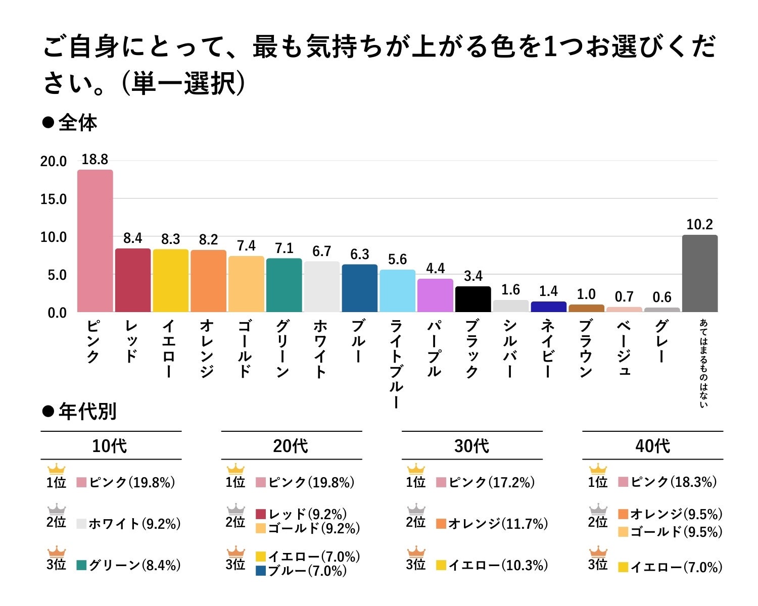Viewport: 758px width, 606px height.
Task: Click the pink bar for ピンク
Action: tap(95, 241)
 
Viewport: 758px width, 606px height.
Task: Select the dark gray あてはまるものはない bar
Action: tap(699, 273)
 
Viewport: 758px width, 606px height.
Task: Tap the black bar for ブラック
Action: tap(472, 299)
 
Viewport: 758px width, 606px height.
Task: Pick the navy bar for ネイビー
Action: tap(548, 307)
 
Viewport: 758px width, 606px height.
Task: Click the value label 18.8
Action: tap(95, 160)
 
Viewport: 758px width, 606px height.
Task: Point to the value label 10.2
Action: tap(699, 225)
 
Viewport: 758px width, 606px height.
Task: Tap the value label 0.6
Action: tap(662, 297)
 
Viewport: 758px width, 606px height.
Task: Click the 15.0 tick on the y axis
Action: tap(54, 199)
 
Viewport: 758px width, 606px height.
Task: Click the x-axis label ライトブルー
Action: tap(397, 364)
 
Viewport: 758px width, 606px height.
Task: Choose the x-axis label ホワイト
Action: tap(321, 348)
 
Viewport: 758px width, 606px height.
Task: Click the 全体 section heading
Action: tap(77, 123)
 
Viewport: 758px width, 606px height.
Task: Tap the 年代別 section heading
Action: tap(87, 412)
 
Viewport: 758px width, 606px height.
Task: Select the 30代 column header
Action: tap(471, 446)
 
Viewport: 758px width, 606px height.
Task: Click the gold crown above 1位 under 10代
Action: tap(56, 469)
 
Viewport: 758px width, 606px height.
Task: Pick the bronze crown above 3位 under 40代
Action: tap(598, 551)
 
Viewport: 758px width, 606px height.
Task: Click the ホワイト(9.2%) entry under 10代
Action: tap(134, 524)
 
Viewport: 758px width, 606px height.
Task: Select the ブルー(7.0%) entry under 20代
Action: tap(307, 571)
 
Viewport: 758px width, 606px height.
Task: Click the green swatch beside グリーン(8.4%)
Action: tap(82, 565)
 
